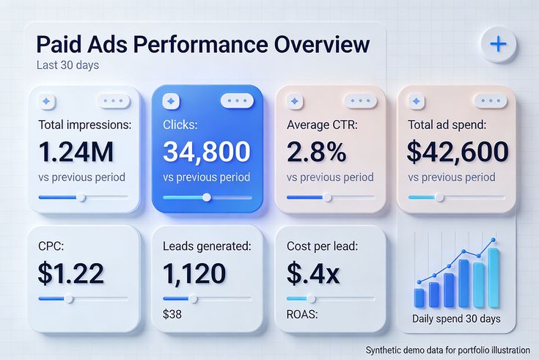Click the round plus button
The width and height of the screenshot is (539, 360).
click(x=498, y=44)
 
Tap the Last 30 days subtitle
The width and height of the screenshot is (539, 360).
click(x=67, y=65)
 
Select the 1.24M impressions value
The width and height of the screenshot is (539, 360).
click(x=76, y=151)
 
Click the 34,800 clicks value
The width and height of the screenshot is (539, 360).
click(x=206, y=151)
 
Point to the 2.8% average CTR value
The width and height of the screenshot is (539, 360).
click(x=317, y=151)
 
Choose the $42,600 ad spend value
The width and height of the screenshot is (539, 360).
click(x=458, y=151)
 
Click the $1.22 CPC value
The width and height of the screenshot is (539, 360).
click(x=71, y=273)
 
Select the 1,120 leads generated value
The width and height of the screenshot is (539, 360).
click(x=194, y=273)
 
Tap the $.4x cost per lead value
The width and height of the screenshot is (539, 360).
click(x=313, y=273)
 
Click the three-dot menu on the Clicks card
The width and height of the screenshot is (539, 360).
click(x=237, y=101)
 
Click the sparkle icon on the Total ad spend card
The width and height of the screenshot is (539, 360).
click(x=417, y=101)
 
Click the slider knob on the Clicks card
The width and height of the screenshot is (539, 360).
click(x=207, y=196)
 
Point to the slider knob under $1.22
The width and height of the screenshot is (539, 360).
click(x=69, y=298)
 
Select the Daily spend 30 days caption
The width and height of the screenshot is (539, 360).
click(x=456, y=319)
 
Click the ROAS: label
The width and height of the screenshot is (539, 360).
click(x=303, y=316)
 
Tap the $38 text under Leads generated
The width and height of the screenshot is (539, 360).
click(x=172, y=316)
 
